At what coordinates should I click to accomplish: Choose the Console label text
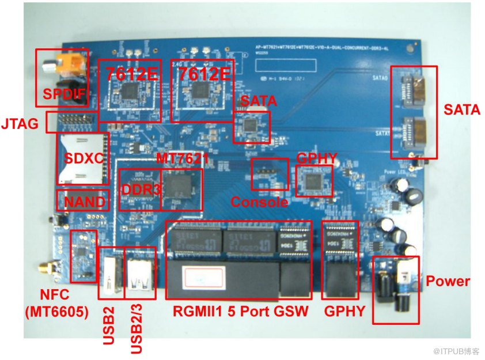260,202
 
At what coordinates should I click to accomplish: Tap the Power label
448,282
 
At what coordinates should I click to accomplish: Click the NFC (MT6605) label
56,304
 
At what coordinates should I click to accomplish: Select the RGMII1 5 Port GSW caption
241,312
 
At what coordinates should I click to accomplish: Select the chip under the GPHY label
314,182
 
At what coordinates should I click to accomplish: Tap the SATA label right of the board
462,109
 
